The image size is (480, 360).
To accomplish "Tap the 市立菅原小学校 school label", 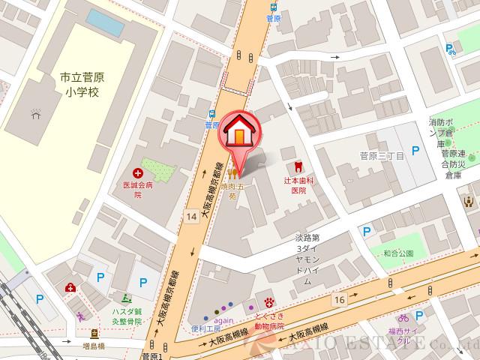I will [81, 84].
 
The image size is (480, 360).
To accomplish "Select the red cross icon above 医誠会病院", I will [138, 172].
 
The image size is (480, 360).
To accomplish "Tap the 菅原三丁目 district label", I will [382, 156].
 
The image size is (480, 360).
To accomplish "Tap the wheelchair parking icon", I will [450, 49].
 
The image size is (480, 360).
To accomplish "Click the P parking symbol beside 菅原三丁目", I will [415, 151].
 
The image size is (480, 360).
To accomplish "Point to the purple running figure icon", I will [79, 316].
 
